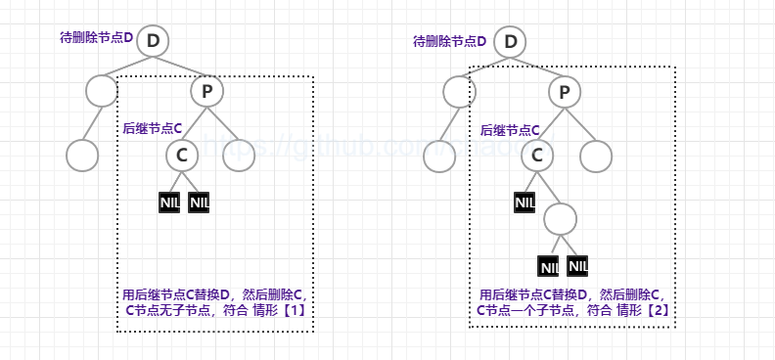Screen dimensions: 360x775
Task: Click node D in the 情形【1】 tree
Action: (153, 41)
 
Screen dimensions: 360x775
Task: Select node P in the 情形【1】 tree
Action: (206, 91)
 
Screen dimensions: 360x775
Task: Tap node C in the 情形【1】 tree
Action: (181, 154)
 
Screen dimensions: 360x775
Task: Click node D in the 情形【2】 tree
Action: (510, 41)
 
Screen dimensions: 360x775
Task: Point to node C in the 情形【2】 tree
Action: (536, 154)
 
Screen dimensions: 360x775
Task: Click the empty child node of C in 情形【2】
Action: (561, 217)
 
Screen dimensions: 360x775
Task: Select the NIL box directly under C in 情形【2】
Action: (524, 202)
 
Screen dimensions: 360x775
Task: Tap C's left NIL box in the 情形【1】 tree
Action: (168, 202)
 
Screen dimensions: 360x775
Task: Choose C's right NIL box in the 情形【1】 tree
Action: (199, 202)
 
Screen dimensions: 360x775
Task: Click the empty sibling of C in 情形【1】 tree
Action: (238, 155)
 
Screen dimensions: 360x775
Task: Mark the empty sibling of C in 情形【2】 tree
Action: (595, 155)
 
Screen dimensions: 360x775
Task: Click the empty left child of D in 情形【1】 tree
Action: (101, 91)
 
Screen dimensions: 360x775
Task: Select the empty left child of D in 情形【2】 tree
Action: (458, 91)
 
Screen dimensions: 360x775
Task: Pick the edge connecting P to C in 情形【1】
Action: (194, 122)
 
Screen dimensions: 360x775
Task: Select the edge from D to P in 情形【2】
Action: (536, 66)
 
